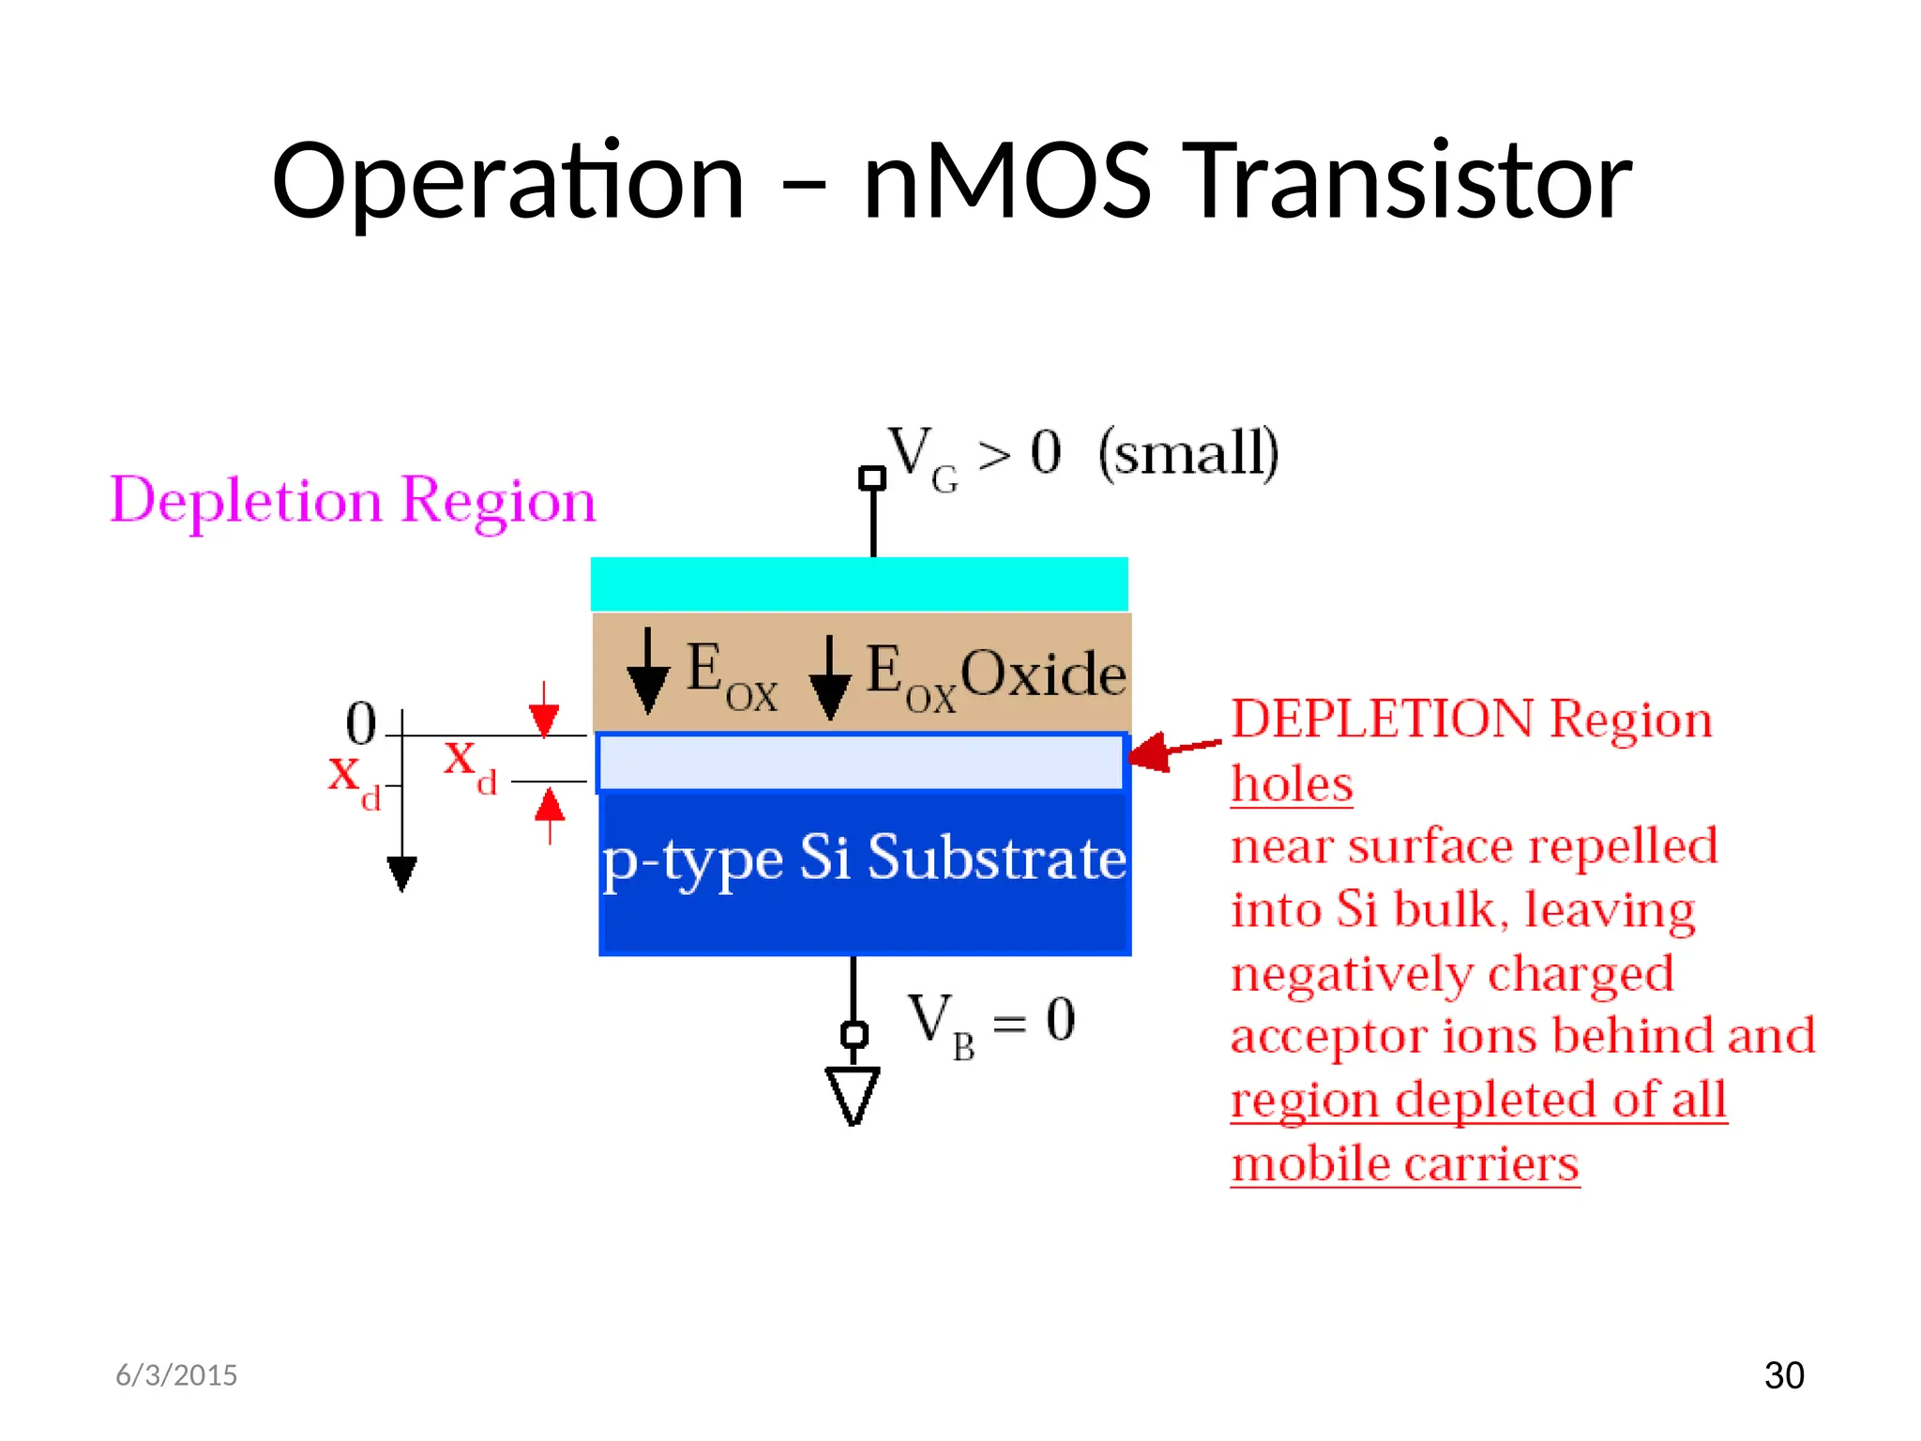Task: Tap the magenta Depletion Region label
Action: (353, 500)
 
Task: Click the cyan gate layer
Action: (858, 584)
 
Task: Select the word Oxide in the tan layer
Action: (1043, 674)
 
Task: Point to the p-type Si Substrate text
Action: (864, 857)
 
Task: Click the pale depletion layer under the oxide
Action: (860, 762)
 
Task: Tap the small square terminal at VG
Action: (872, 478)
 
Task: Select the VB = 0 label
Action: (991, 1023)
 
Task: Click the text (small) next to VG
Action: (1188, 453)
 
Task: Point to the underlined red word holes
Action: (1291, 784)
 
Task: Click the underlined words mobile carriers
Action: (1404, 1164)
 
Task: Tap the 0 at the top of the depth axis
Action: (361, 723)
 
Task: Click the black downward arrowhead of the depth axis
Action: (401, 872)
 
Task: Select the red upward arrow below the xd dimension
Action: (550, 812)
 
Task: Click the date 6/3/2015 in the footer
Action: (176, 1375)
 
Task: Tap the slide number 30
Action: (1783, 1375)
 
